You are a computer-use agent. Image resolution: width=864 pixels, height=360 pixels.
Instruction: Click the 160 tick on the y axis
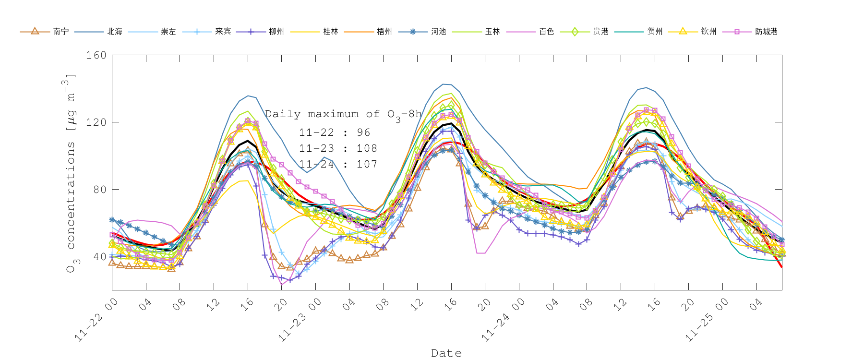pos(96,55)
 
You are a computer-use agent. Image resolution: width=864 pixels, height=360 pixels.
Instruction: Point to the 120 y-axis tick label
pos(96,122)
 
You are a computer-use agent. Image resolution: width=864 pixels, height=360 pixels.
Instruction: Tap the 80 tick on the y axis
pos(99,190)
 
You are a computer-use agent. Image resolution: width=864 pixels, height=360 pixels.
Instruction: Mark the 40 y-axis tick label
pos(99,257)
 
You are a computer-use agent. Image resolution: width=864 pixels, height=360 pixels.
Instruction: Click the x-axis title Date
pos(446,353)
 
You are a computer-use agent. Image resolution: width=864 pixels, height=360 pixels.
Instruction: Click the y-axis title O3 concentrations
pos(71,173)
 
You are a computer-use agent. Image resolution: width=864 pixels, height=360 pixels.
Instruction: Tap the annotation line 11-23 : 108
pos(338,148)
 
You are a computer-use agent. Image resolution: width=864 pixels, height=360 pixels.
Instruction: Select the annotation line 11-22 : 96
pos(335,132)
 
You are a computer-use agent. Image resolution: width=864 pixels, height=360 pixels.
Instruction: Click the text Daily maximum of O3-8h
pos(343,115)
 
